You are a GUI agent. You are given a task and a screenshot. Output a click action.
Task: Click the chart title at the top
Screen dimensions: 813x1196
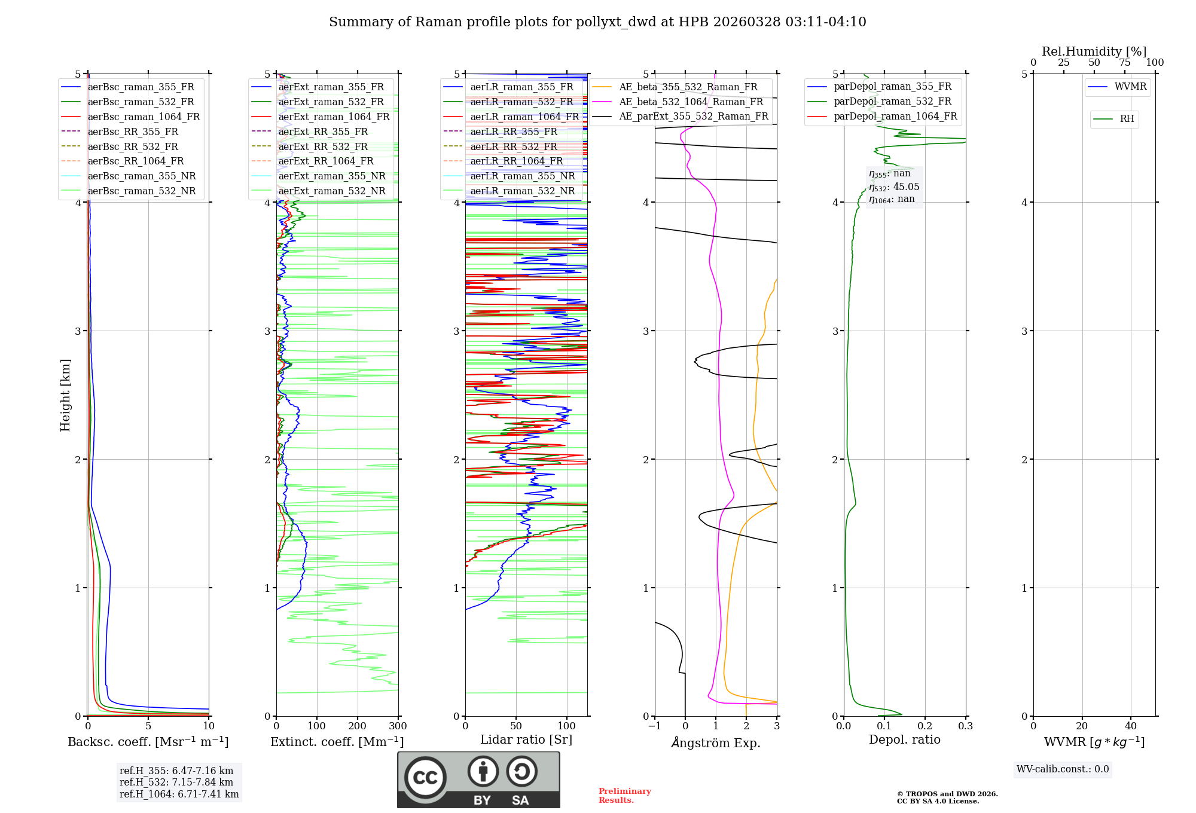click(x=597, y=22)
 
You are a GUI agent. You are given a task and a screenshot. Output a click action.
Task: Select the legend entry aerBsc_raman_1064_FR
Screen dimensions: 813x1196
click(x=144, y=117)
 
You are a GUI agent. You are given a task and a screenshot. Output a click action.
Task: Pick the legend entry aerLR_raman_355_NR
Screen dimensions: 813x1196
click(x=522, y=176)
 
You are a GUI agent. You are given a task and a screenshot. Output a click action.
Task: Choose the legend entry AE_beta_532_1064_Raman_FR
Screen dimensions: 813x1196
click(x=691, y=102)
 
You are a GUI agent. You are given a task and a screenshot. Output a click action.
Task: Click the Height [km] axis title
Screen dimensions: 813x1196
click(x=65, y=395)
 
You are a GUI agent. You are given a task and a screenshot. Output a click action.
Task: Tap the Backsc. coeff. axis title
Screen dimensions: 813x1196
click(x=148, y=742)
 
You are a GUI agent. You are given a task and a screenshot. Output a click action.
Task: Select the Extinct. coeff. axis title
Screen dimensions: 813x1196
click(x=337, y=742)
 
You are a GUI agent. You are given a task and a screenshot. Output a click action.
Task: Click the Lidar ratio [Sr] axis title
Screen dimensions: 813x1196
click(x=526, y=739)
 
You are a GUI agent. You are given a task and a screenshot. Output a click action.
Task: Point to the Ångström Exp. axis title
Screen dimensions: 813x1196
click(x=716, y=742)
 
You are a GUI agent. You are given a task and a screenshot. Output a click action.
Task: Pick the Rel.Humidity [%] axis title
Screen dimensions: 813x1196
click(x=1094, y=51)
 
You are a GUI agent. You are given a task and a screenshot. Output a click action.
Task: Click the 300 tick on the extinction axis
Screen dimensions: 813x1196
click(x=398, y=726)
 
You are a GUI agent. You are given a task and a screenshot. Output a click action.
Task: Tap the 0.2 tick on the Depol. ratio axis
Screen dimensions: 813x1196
click(x=925, y=726)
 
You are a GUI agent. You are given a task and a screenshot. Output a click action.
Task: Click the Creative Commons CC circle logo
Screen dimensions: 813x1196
click(x=425, y=778)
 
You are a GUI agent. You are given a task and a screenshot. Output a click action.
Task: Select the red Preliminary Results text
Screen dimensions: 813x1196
click(x=624, y=796)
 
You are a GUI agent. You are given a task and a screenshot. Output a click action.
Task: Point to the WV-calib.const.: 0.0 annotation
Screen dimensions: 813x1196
click(x=1062, y=769)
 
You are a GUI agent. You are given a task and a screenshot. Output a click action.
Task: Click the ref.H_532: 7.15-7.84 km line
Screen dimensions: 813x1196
click(x=176, y=783)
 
